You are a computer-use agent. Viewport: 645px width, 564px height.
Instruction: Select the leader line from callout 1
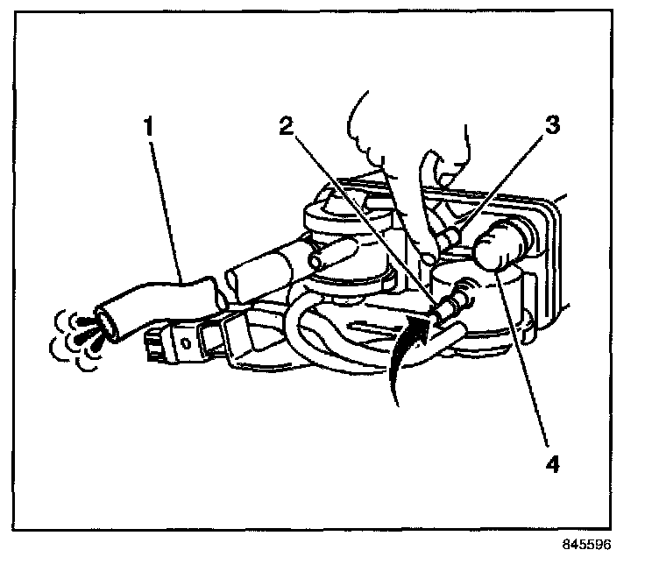pyautogui.click(x=167, y=210)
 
